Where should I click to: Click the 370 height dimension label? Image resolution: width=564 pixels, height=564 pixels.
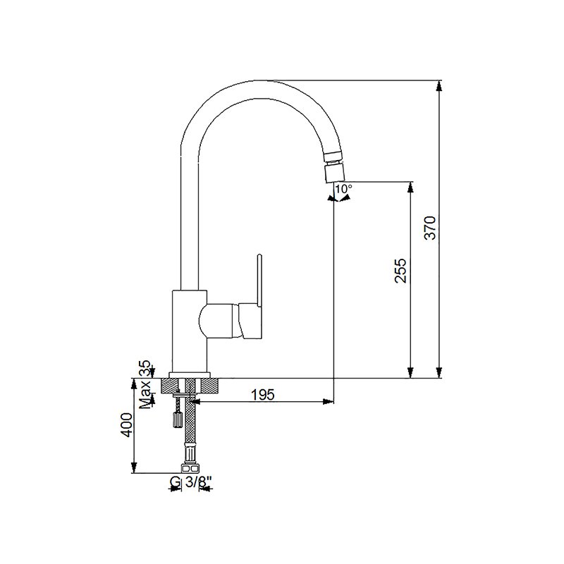[x=430, y=228]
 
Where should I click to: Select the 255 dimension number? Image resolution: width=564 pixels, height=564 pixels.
[x=400, y=271]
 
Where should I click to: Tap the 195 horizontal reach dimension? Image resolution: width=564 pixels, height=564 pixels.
[x=262, y=395]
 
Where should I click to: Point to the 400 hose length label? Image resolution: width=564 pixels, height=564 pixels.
[x=127, y=425]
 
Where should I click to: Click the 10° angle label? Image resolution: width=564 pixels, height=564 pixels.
[x=344, y=188]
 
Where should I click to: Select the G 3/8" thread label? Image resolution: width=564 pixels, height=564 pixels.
[x=190, y=482]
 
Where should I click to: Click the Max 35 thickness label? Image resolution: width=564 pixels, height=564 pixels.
[x=146, y=385]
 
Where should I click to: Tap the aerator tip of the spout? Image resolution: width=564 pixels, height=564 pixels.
[x=334, y=173]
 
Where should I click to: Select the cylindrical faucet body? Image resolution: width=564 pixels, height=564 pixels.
[x=190, y=331]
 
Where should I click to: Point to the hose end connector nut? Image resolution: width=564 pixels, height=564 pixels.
[x=190, y=468]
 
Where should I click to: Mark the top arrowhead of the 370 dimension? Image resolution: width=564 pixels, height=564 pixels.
[x=439, y=85]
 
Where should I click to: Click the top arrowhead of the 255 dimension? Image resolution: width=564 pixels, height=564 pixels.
[x=410, y=187]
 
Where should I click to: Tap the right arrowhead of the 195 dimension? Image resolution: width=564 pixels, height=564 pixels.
[x=328, y=401]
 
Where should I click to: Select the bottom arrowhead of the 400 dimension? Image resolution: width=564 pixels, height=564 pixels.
[x=134, y=467]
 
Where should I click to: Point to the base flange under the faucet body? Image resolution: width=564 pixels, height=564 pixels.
[x=190, y=375]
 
